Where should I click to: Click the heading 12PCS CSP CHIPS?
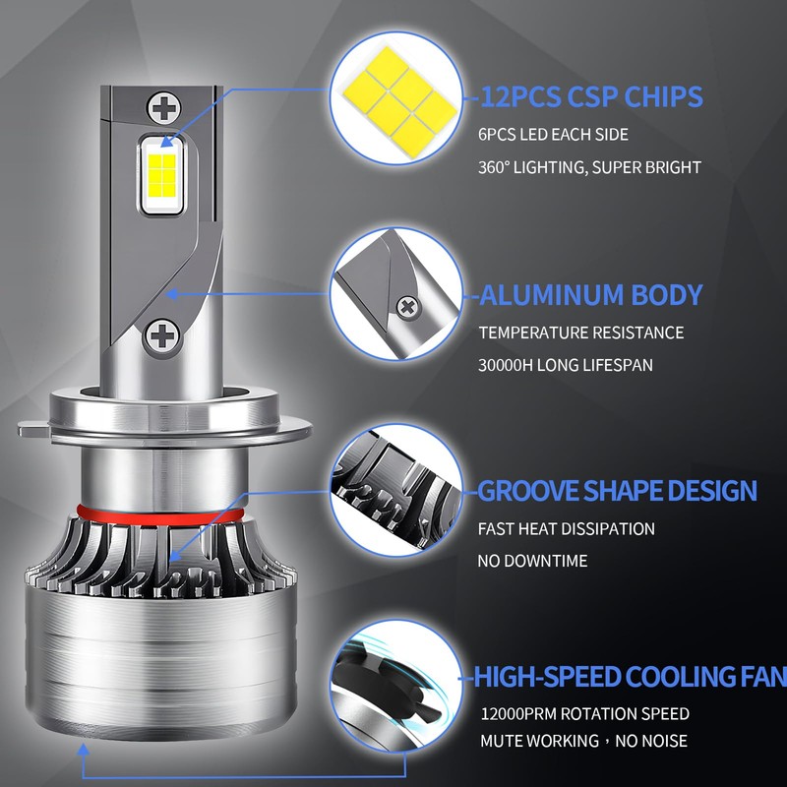592,96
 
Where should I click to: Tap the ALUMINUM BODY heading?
591,294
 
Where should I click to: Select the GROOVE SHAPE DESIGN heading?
617,490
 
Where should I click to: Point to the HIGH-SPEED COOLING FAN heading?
630,677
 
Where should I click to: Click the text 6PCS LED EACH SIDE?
553,135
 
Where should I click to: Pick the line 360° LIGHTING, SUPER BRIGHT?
589,167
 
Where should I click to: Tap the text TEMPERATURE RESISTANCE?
580,333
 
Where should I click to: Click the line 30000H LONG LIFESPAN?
565,365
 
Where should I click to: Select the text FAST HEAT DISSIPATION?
567,528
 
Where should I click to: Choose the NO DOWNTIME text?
532,561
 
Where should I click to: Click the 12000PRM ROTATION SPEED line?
584,714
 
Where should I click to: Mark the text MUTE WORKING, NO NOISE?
583,741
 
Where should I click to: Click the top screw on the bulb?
163,108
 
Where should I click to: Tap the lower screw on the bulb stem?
161,335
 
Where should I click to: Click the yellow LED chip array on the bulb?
161,175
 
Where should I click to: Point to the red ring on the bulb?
160,518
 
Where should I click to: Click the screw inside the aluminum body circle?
407,306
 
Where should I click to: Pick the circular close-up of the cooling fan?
396,686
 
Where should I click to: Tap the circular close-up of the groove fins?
396,490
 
